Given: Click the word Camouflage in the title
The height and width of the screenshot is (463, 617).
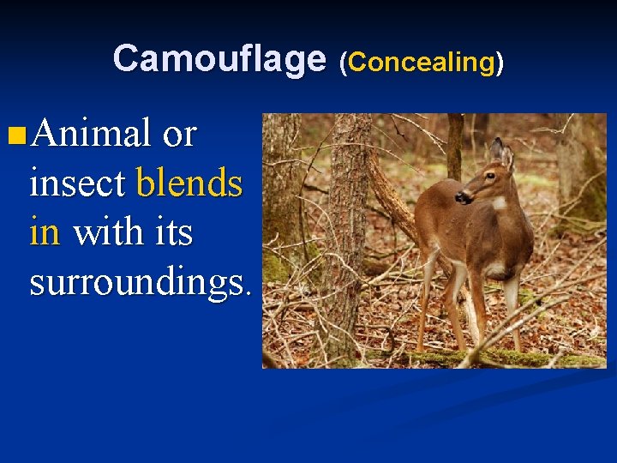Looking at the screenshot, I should tap(219, 58).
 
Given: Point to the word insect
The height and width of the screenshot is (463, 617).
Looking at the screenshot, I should tap(78, 183).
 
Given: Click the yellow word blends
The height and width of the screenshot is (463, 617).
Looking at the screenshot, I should tap(189, 183).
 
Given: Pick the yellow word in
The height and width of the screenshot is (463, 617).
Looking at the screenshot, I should tap(45, 231).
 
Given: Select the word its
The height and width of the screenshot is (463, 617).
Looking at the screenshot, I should tap(171, 231).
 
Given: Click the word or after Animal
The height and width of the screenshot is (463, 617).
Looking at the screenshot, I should tap(179, 135).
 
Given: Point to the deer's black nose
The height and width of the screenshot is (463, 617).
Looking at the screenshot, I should tap(461, 197).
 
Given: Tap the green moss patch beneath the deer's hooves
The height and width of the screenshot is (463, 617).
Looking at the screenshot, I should tap(480, 357).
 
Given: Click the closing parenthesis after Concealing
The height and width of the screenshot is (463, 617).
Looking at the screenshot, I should tap(500, 62).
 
